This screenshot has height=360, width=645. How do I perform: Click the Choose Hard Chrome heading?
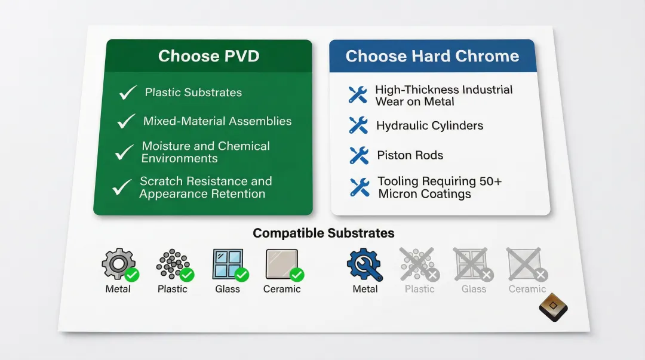pos(432,57)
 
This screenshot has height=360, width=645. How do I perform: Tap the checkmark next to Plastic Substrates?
pos(128,93)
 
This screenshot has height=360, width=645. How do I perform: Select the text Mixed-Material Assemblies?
pos(217,121)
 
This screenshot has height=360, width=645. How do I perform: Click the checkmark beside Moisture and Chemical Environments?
pos(124,152)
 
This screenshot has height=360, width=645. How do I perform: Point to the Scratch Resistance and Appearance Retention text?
pos(205,187)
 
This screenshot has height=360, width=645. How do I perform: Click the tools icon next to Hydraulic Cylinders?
pos(358,125)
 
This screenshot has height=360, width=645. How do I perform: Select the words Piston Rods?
pos(410,156)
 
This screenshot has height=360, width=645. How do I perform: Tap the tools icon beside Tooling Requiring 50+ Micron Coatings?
pos(359,187)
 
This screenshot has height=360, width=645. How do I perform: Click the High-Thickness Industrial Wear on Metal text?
pos(443,96)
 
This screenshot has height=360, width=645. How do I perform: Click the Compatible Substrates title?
pos(323,233)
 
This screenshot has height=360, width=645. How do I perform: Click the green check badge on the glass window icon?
pos(242,275)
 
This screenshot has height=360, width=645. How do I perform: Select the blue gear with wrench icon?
pos(364,264)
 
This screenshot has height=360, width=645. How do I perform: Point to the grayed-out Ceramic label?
pos(527,289)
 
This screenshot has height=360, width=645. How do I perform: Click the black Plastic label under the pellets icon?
pos(173,289)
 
